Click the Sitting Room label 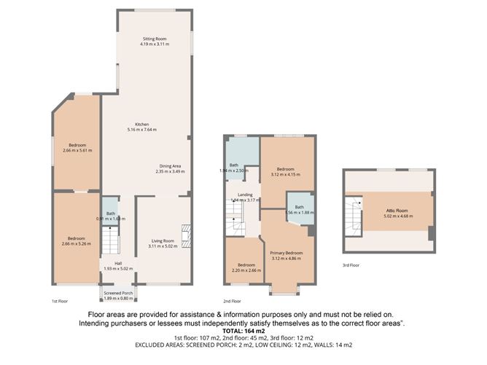pos(154,38)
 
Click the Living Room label pos(163,241)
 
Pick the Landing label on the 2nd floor pos(245,195)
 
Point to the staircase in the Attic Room pos(354,214)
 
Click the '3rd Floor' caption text pos(351,265)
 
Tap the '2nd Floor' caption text pos(233,300)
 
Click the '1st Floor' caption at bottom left pos(60,300)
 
